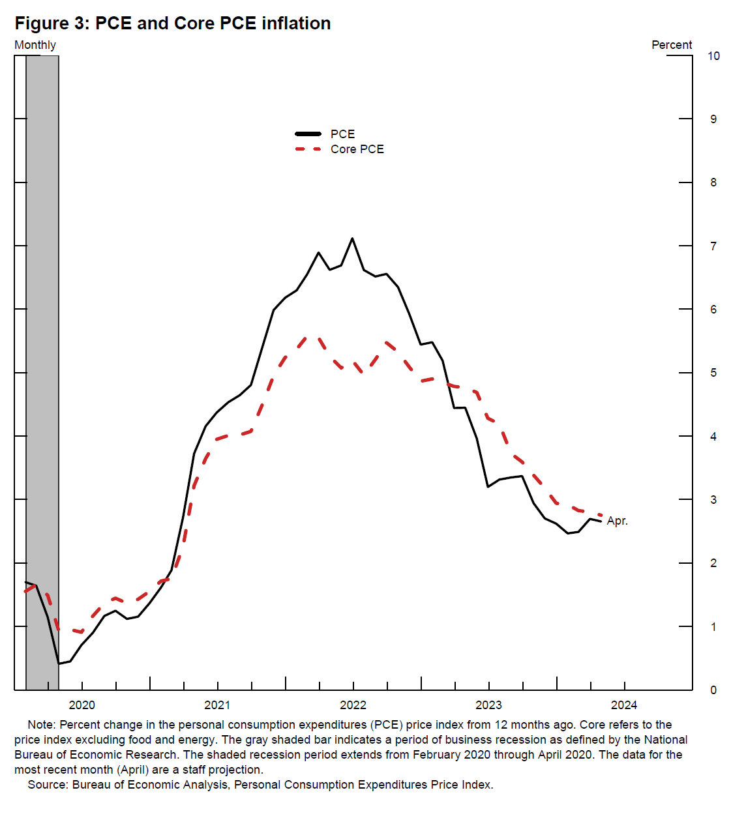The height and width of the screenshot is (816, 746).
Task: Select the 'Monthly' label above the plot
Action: pyautogui.click(x=35, y=45)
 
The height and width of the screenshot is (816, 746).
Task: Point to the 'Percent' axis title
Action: pyautogui.click(x=672, y=45)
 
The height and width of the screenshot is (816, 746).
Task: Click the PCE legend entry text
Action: pyautogui.click(x=342, y=134)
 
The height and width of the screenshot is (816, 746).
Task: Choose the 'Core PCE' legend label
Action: pyautogui.click(x=357, y=149)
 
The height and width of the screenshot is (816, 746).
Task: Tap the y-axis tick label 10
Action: pyautogui.click(x=713, y=56)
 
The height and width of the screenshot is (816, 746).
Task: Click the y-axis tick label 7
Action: pyautogui.click(x=713, y=246)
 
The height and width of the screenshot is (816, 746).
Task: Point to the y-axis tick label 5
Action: pyautogui.click(x=713, y=373)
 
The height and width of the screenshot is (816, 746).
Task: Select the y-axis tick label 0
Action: pyautogui.click(x=713, y=690)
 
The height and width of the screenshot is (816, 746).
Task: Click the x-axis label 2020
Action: pyautogui.click(x=82, y=705)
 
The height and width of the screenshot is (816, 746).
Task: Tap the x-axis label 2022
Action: pyautogui.click(x=353, y=705)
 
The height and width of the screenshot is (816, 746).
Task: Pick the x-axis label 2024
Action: pyautogui.click(x=624, y=705)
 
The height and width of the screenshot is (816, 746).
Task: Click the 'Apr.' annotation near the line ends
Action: pyautogui.click(x=617, y=521)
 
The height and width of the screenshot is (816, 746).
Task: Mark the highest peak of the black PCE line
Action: pyautogui.click(x=353, y=239)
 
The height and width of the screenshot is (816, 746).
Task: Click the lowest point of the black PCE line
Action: pyautogui.click(x=59, y=663)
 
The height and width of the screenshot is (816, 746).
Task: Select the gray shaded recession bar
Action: pyautogui.click(x=42, y=326)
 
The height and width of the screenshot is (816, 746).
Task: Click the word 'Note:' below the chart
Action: pyautogui.click(x=42, y=725)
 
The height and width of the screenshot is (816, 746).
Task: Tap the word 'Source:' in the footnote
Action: pyautogui.click(x=48, y=785)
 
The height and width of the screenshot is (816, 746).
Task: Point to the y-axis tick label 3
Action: pyautogui.click(x=713, y=500)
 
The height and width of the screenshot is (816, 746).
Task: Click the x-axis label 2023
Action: pyautogui.click(x=488, y=705)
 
